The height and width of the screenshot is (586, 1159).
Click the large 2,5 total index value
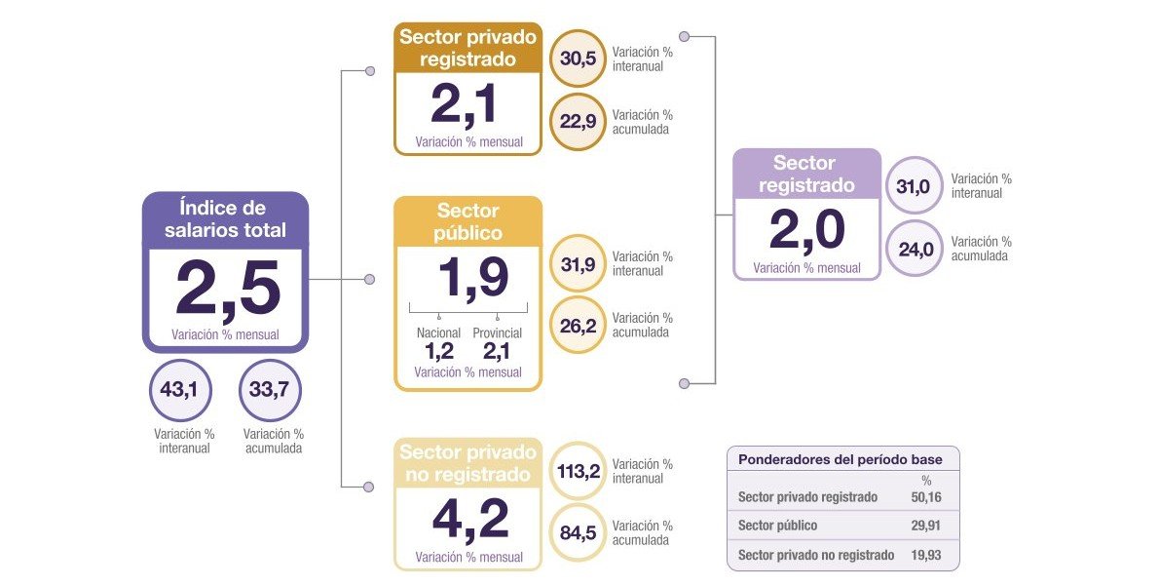pyautogui.click(x=226, y=288)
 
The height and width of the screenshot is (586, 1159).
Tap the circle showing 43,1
pyautogui.click(x=179, y=390)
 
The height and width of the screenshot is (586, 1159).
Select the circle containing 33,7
pyautogui.click(x=269, y=390)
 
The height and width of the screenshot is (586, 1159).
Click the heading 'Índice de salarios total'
pyautogui.click(x=225, y=219)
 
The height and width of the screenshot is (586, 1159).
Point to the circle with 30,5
pyautogui.click(x=578, y=59)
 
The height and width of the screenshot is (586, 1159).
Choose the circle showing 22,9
pyautogui.click(x=578, y=122)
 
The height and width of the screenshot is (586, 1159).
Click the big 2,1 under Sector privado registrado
pyautogui.click(x=467, y=105)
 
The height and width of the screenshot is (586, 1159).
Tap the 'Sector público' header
pyautogui.click(x=467, y=222)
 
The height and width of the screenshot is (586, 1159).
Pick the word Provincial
pyautogui.click(x=497, y=333)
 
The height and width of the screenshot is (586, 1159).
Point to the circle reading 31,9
pyautogui.click(x=578, y=263)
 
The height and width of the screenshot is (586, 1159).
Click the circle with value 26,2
pyautogui.click(x=578, y=325)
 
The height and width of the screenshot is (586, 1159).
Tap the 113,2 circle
pyautogui.click(x=578, y=471)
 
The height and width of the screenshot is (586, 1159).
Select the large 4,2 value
pyautogui.click(x=469, y=520)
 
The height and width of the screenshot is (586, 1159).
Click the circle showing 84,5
pyautogui.click(x=578, y=532)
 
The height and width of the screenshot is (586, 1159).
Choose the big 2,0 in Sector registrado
pyautogui.click(x=806, y=231)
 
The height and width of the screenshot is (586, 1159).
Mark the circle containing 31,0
pyautogui.click(x=915, y=185)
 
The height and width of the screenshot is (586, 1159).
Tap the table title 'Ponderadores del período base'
pyautogui.click(x=840, y=459)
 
